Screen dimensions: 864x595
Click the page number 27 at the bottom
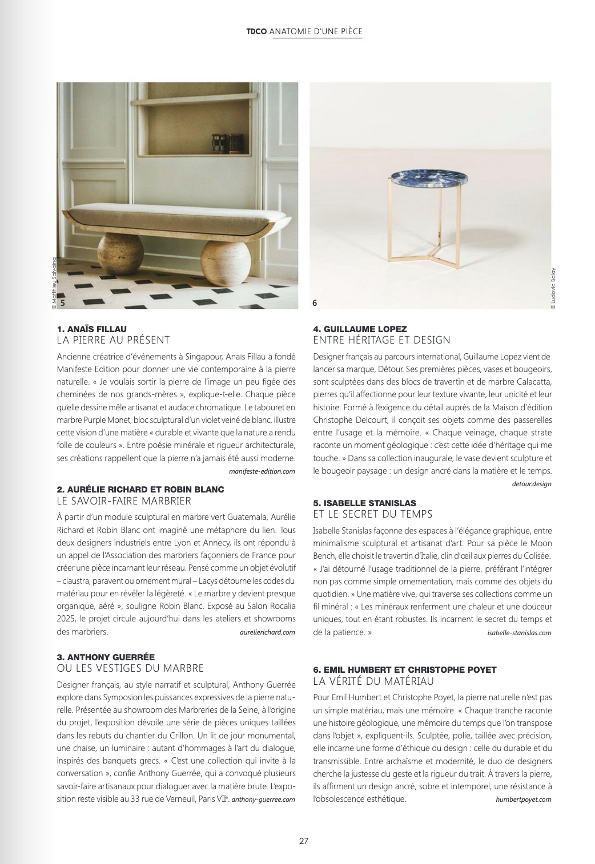[303, 841]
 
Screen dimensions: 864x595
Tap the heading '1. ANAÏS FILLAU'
[92, 329]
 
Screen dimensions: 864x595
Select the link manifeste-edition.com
[262, 471]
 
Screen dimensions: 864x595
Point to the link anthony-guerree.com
[263, 800]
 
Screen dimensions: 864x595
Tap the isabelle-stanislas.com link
[520, 632]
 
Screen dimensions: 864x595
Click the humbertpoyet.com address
[524, 800]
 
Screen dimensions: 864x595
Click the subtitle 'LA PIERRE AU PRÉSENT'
[114, 340]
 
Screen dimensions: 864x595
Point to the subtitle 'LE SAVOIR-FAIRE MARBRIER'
[124, 501]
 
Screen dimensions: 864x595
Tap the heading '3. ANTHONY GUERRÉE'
[106, 657]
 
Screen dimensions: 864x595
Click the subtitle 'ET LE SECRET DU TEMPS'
[373, 514]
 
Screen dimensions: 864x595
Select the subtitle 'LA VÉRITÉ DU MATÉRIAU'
[373, 681]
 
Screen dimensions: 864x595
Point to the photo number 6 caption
[315, 304]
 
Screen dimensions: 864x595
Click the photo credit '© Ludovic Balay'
[553, 289]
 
